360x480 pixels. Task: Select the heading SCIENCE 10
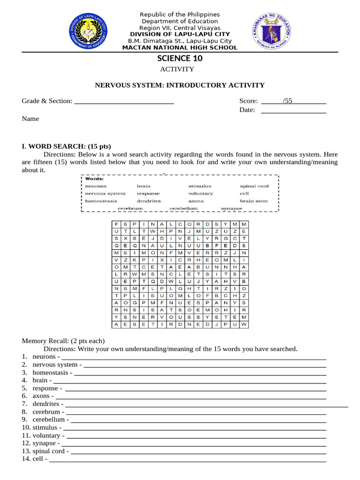[x=180, y=58]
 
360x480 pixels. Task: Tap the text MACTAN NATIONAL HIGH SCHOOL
[x=180, y=48]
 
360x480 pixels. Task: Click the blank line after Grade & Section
[x=124, y=101]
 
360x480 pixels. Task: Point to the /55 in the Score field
[x=287, y=101]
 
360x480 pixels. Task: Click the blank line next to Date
[x=293, y=110]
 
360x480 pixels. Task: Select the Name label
[x=30, y=119]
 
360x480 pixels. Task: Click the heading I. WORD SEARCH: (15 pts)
[x=67, y=146]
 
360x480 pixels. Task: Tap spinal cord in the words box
[x=254, y=186]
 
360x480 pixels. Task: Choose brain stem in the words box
[x=254, y=201]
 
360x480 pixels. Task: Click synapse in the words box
[x=232, y=208]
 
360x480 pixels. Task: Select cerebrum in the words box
[x=130, y=208]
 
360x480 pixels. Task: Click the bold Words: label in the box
[x=94, y=179]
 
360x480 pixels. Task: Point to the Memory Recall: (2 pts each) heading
[x=64, y=341]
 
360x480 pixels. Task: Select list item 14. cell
[x=37, y=459]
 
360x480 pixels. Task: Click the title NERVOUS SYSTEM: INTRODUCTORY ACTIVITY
[x=180, y=85]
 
